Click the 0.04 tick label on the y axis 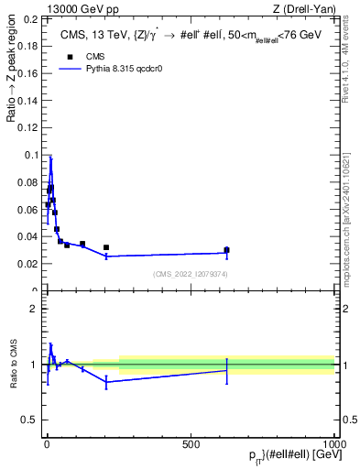pos(27,236)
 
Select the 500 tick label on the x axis pos(191,444)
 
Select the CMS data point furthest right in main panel pos(226,250)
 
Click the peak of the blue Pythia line pos(51,158)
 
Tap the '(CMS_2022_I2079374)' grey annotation pos(191,274)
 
